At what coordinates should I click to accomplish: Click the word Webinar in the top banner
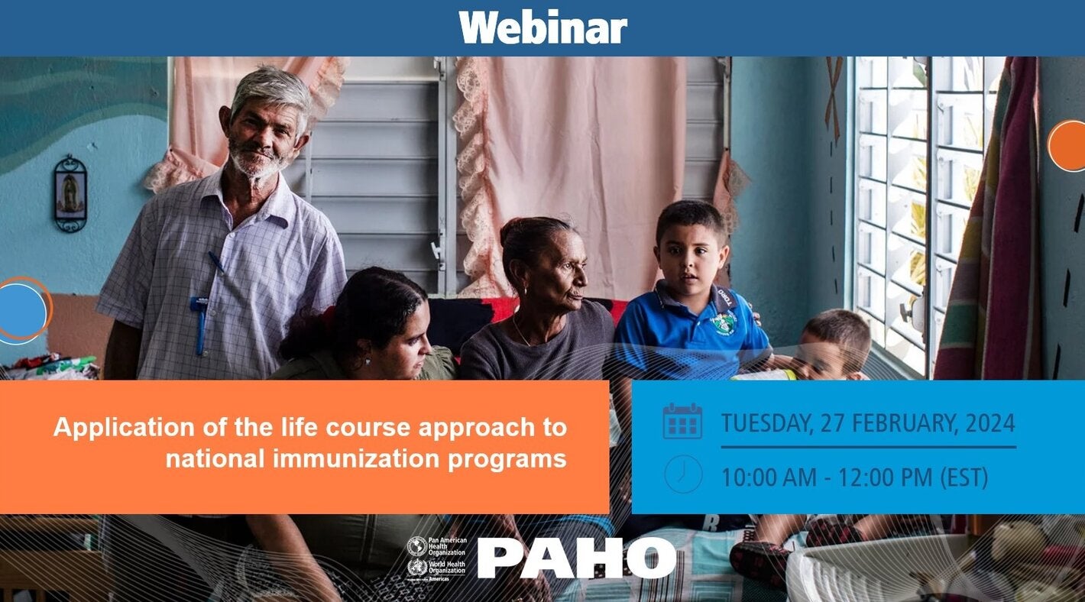pyautogui.click(x=542, y=28)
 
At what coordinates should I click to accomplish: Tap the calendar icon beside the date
pyautogui.click(x=682, y=421)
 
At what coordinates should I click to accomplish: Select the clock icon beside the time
pyautogui.click(x=682, y=474)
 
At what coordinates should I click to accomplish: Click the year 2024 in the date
pyautogui.click(x=989, y=422)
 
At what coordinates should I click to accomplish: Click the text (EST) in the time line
pyautogui.click(x=964, y=478)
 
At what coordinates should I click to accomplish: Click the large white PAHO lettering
pyautogui.click(x=576, y=558)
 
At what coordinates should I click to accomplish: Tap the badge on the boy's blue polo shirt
pyautogui.click(x=723, y=322)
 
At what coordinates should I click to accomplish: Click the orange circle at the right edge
pyautogui.click(x=1068, y=145)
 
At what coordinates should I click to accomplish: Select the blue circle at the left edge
pyautogui.click(x=21, y=311)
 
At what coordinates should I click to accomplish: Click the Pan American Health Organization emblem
pyautogui.click(x=417, y=545)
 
